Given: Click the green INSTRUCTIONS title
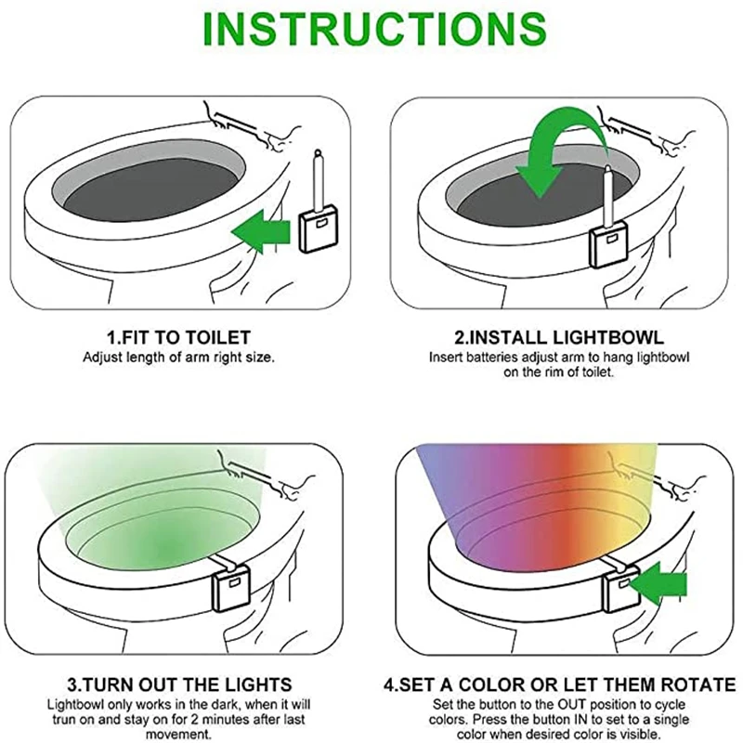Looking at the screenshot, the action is point(374,29).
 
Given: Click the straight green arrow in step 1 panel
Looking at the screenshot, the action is point(261,231).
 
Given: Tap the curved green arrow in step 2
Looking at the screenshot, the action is point(559,151).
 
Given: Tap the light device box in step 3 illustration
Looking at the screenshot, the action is point(231,589).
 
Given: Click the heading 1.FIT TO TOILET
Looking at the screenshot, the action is point(178,337).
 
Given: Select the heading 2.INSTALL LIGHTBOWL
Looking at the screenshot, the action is point(559,337).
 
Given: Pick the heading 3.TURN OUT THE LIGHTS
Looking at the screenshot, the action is point(179,684).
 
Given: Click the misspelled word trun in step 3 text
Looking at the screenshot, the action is point(63,719).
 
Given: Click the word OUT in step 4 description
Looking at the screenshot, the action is point(571,704).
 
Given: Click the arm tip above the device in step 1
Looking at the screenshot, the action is point(318,152).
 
